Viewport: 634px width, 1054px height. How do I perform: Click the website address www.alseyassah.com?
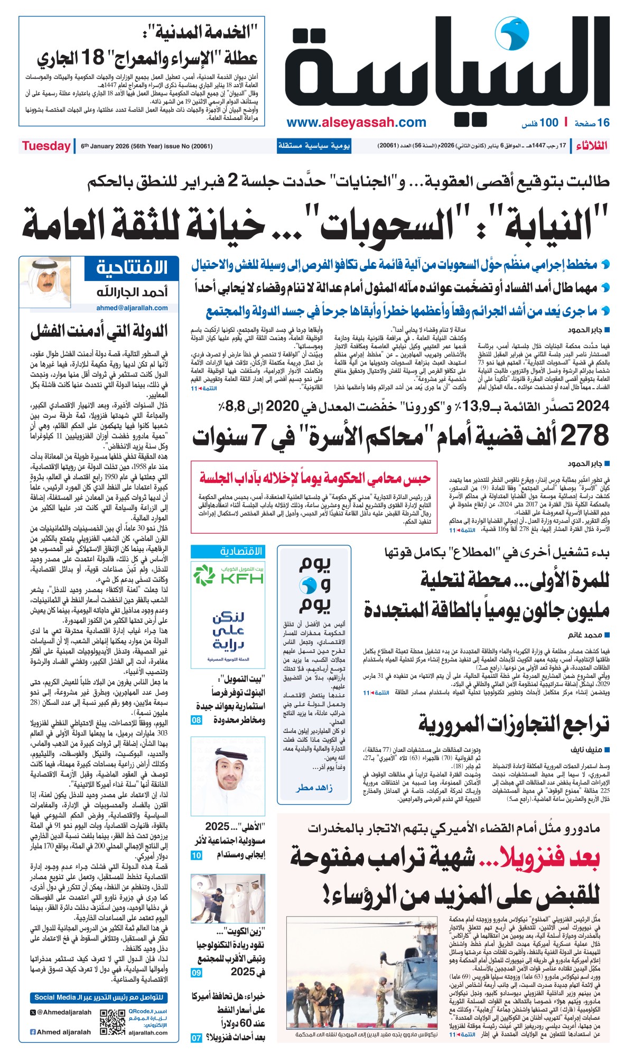356,123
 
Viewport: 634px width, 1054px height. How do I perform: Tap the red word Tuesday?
46,146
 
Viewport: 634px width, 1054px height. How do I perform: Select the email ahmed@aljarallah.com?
132,308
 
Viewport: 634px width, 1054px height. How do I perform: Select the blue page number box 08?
197,720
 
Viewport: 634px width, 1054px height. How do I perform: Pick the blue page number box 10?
197,855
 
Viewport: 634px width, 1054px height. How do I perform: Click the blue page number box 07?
197,1038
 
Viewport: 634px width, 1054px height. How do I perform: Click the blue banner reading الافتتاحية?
132,268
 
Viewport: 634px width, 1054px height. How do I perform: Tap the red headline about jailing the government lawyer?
315,479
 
